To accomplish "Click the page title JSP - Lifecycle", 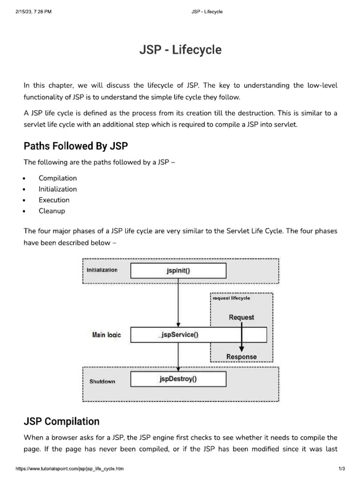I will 180,50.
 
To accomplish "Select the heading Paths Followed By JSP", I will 75,146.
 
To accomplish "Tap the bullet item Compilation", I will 58,178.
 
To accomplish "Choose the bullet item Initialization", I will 58,189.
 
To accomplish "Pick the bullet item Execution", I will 54,200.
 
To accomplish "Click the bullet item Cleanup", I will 52,211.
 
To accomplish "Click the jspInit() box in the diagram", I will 178,270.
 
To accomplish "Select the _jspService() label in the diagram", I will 178,335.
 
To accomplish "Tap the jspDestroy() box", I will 178,379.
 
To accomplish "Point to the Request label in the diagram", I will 241,317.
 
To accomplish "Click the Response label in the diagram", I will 241,357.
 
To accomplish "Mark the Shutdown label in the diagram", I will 102,382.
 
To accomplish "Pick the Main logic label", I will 106,335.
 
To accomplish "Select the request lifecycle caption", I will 232,298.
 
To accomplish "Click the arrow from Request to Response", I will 241,337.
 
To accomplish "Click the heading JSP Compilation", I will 61,421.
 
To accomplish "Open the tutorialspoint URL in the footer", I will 70,469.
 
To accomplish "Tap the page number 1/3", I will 341,469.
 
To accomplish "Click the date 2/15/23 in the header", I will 23,12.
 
